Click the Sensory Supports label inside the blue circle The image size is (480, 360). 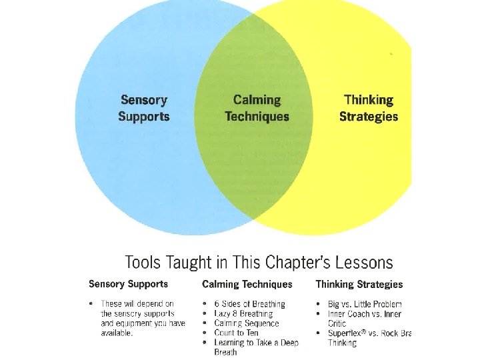click(x=144, y=108)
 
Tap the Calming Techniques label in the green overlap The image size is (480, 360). click(x=257, y=108)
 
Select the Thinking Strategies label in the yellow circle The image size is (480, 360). click(x=369, y=108)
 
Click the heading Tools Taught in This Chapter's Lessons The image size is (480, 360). click(x=259, y=263)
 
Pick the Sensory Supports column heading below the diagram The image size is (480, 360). click(x=128, y=284)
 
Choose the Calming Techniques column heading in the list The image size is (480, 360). click(x=247, y=284)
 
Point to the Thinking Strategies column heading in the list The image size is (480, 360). click(x=359, y=284)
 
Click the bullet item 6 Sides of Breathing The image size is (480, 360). click(x=249, y=304)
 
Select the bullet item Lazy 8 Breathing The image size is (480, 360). click(x=244, y=313)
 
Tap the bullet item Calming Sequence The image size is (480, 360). click(x=247, y=323)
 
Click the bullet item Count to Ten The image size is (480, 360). click(x=237, y=333)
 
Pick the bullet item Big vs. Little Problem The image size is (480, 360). click(x=365, y=304)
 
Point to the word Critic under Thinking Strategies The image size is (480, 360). click(x=337, y=323)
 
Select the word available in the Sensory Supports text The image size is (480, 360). click(x=117, y=333)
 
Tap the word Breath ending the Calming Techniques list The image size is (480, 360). click(x=225, y=352)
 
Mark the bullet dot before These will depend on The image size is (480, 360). click(x=91, y=304)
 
